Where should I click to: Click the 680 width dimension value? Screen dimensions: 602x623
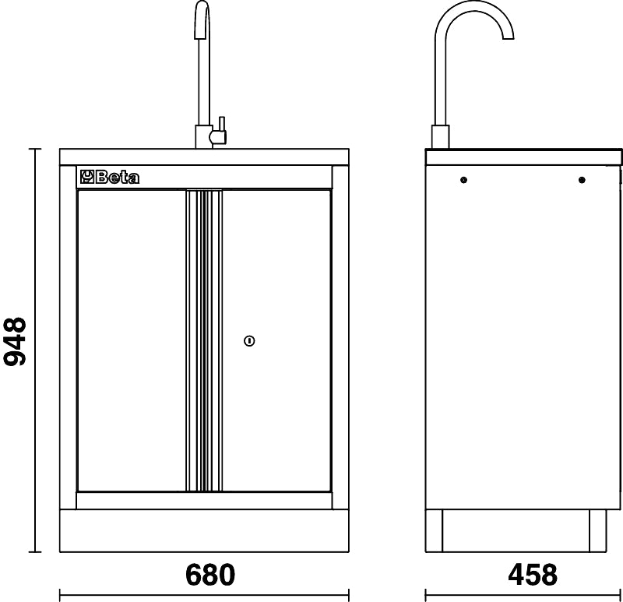point(210,575)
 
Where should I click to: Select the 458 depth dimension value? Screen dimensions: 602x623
point(533,575)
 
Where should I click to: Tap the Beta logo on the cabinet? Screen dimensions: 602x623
point(110,178)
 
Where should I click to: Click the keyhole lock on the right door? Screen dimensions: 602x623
point(249,340)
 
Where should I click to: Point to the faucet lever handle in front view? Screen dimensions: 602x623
point(221,128)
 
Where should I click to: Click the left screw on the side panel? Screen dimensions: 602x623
point(463,181)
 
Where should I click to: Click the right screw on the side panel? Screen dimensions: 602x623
point(582,181)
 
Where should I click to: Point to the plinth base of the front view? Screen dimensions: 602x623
point(203,530)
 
